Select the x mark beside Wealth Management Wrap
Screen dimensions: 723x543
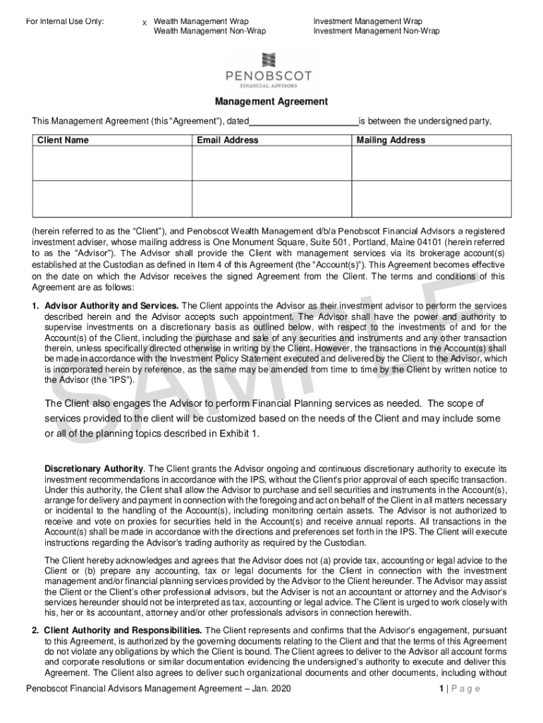click(x=145, y=23)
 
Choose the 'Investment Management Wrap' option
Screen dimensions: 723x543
click(x=367, y=22)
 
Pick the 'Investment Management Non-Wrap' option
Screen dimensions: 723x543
click(x=376, y=31)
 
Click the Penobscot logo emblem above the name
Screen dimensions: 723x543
click(x=271, y=61)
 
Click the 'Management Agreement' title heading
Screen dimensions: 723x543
click(x=271, y=102)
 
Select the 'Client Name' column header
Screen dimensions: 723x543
click(x=63, y=140)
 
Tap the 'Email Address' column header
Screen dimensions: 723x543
click(x=228, y=140)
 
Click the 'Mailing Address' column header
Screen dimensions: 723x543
click(x=391, y=140)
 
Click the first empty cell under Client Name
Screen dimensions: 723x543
click(x=112, y=163)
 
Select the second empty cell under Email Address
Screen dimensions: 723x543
click(x=271, y=199)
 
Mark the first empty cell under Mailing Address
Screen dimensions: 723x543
click(x=431, y=163)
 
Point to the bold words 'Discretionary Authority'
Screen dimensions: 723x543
click(x=94, y=468)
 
